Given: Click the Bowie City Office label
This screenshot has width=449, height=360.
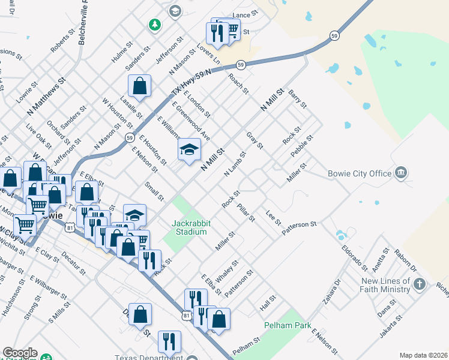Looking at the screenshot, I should click(x=359, y=174).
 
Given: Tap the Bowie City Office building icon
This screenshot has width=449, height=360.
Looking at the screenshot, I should click(x=401, y=173).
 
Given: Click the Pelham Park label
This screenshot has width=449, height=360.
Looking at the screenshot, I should click(x=288, y=325).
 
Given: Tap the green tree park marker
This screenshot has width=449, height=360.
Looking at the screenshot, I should click(x=155, y=25).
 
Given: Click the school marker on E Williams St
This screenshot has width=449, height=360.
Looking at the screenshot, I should click(x=189, y=149).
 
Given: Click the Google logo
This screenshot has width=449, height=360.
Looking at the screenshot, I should click(x=19, y=353).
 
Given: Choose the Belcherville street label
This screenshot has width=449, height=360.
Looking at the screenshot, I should click(x=83, y=22).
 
